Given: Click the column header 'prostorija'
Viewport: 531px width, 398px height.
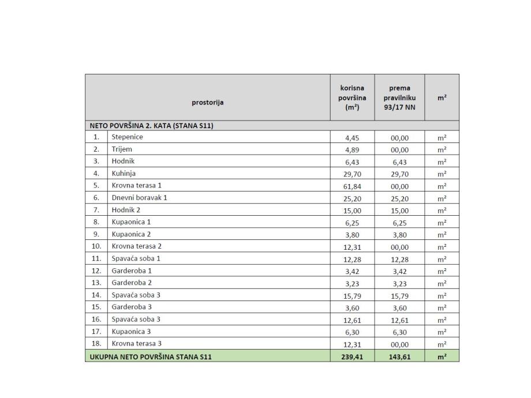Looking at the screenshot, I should pos(208,103).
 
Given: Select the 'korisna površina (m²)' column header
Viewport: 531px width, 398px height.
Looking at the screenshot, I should pos(352,97).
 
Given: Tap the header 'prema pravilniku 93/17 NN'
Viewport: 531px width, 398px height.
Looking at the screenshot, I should pos(399,97).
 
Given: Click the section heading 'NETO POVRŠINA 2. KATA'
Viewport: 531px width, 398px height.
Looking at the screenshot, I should pos(152,125).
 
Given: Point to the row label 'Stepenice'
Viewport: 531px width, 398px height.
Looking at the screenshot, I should pos(127,137).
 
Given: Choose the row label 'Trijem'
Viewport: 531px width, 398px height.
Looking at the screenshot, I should pos(122,149).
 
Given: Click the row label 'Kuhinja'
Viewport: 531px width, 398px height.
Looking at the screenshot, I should pos(124,174).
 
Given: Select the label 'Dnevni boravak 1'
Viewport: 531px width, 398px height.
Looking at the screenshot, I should pos(139,198).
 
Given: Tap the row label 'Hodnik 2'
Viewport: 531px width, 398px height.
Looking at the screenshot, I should pos(126,210).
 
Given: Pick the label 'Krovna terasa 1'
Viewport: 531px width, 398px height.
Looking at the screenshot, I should pos(136,186).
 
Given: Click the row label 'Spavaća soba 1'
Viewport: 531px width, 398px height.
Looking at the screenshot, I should pos(136,258).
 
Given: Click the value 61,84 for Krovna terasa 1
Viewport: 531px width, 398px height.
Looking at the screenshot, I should pos(352,186).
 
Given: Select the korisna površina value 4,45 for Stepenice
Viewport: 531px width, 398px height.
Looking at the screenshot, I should pos(352,138).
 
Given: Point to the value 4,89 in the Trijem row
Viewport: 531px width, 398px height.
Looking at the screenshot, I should pos(352,150).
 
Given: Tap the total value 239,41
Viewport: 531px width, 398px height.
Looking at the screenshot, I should pos(352,357).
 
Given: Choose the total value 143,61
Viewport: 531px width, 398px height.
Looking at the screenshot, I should pos(399,357).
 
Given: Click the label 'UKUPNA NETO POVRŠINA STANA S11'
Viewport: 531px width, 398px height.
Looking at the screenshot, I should pos(151,357).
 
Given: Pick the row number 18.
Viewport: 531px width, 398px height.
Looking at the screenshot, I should pos(96,344).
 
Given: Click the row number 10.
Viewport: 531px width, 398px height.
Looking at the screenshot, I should pos(96,246).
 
